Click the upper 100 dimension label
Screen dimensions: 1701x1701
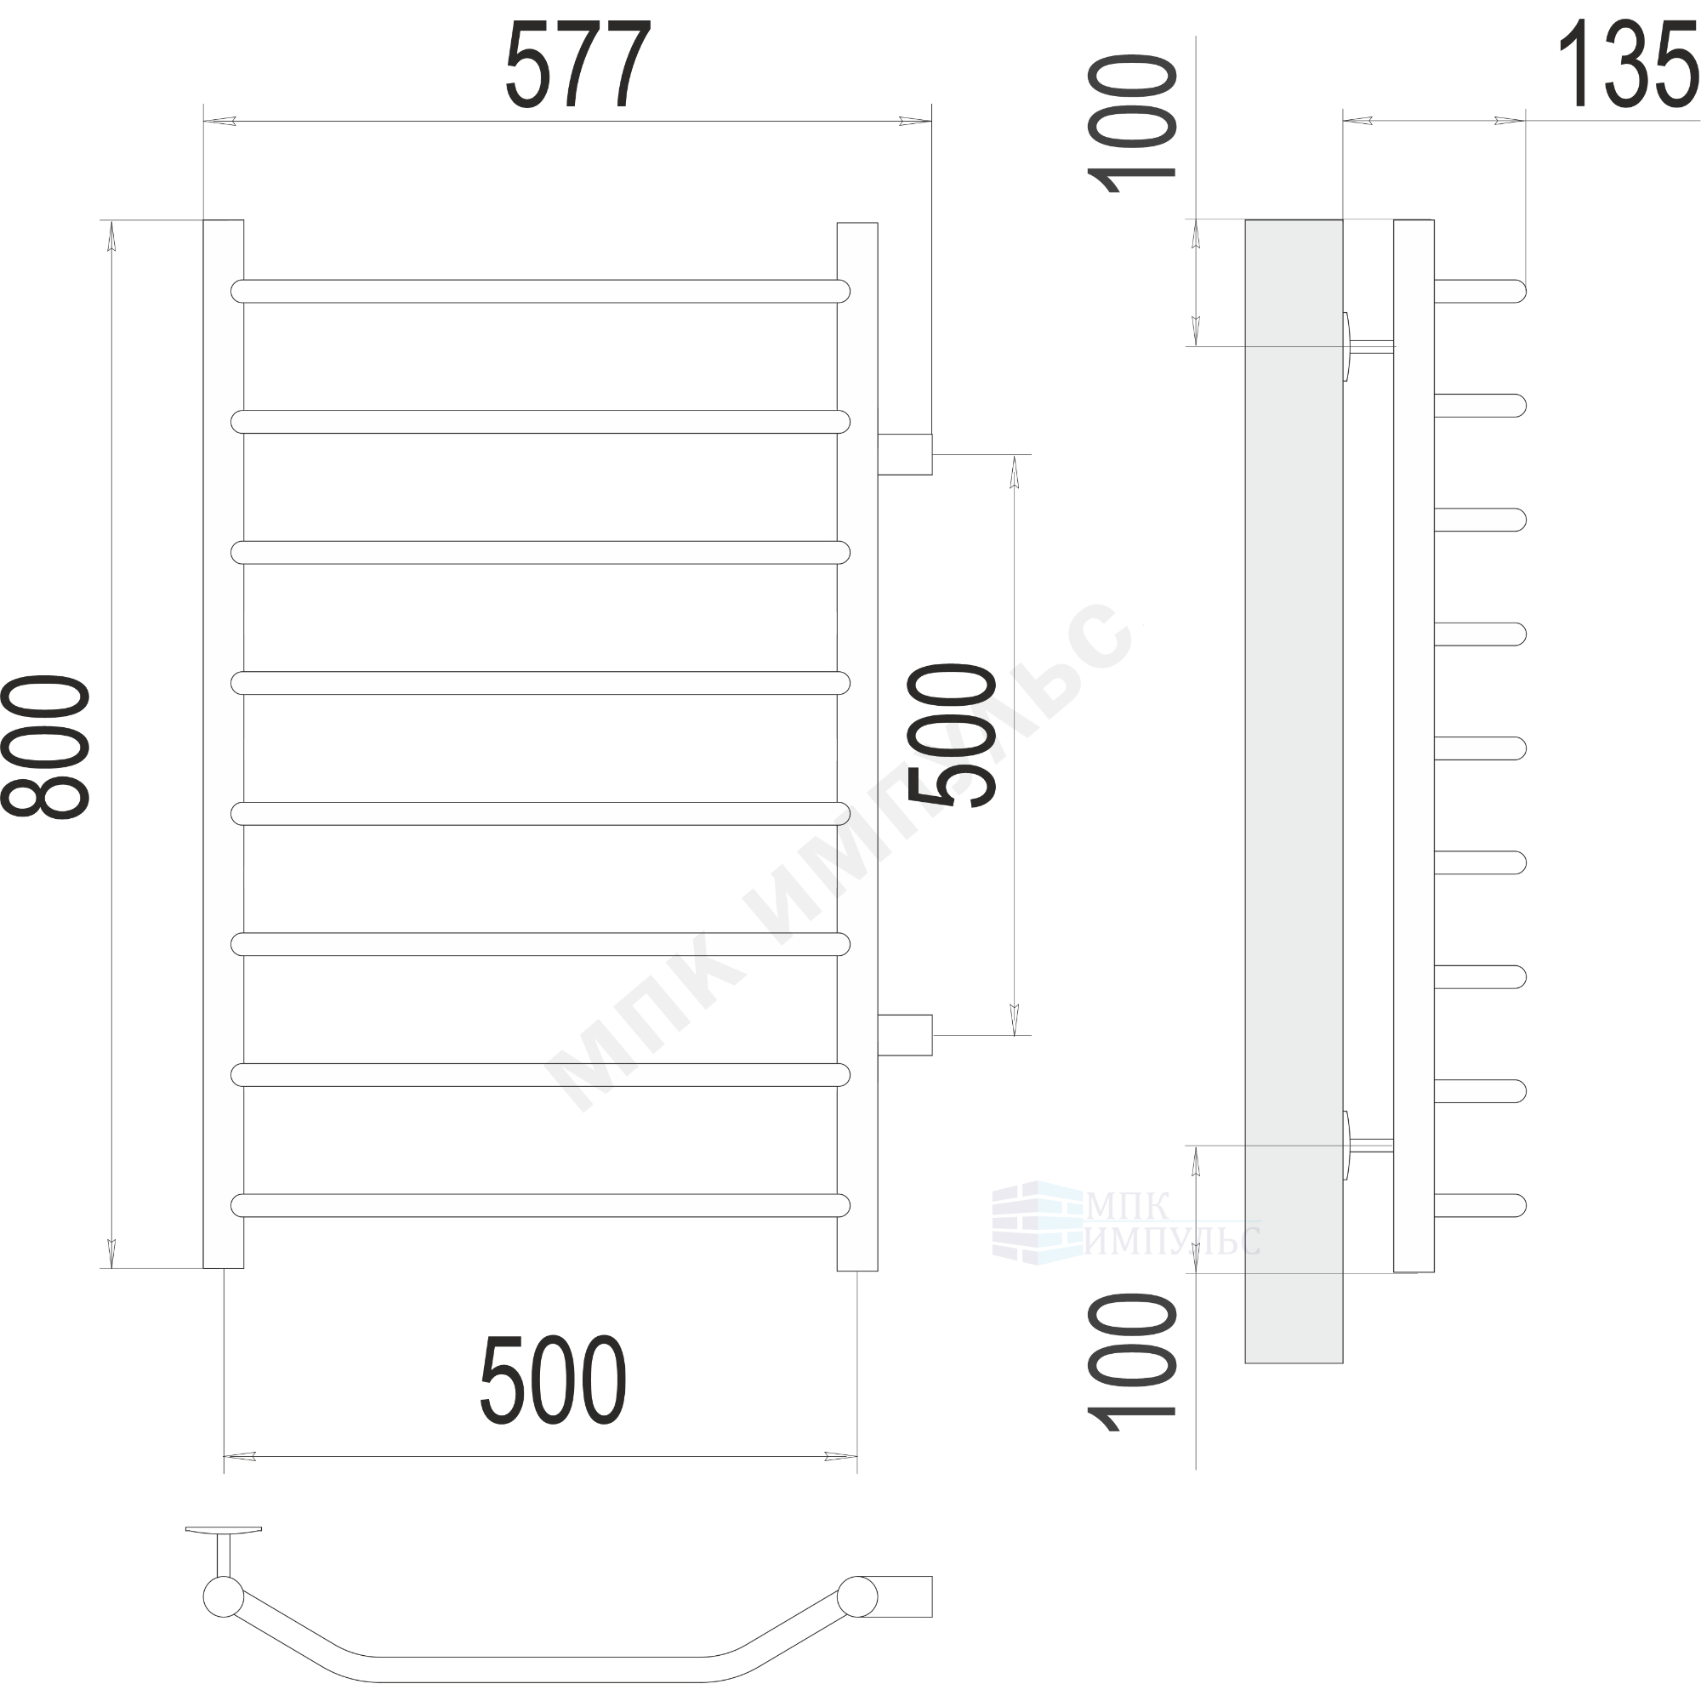[x=1132, y=124]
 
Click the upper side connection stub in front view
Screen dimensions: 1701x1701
[x=904, y=454]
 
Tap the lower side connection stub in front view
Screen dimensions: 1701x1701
[x=904, y=1034]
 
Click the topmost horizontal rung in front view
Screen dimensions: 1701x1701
[x=541, y=292]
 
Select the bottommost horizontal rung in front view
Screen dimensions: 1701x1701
[x=541, y=1205]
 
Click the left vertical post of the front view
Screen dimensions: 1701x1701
[x=224, y=744]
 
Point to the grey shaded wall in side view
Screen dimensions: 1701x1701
[x=1294, y=791]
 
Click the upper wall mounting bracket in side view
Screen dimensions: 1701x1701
[x=1368, y=346]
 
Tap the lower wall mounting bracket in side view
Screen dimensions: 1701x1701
[x=1368, y=1146]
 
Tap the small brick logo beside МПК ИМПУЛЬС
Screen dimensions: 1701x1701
[x=1037, y=1224]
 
